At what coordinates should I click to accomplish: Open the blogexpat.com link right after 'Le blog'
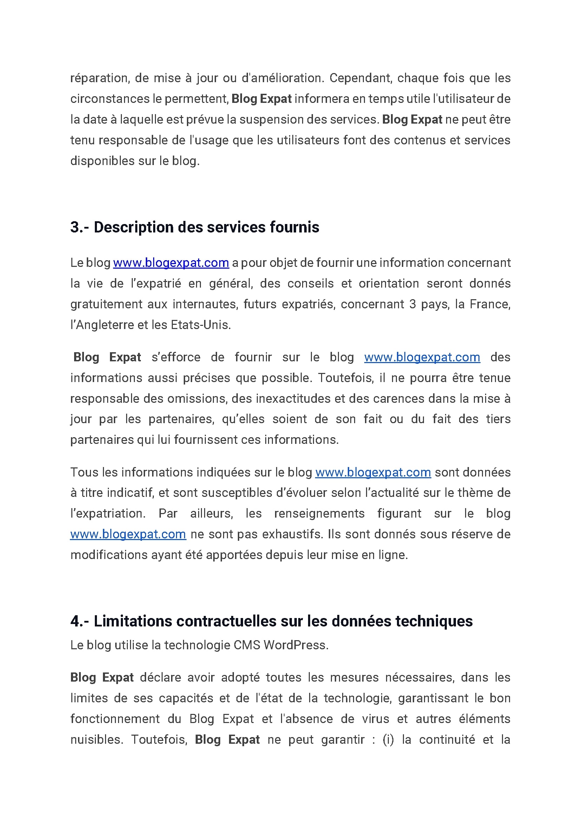[x=171, y=263]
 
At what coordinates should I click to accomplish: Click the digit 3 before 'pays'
[x=412, y=304]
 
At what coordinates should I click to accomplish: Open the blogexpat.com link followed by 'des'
[x=422, y=357]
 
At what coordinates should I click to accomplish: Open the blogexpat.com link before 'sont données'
[x=373, y=472]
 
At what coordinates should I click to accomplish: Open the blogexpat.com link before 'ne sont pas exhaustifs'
[x=128, y=534]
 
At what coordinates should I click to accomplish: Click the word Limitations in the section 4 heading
[x=133, y=622]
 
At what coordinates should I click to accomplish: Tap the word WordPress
[x=296, y=645]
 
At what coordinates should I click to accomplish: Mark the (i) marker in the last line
[x=388, y=740]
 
